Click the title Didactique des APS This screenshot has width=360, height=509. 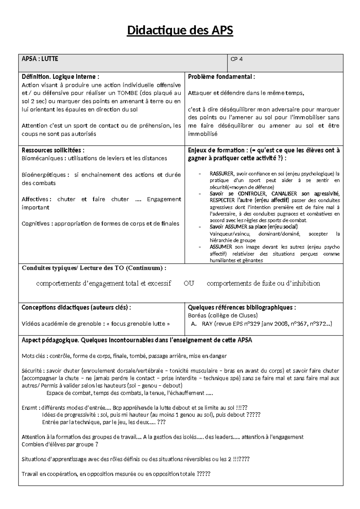pyautogui.click(x=180, y=31)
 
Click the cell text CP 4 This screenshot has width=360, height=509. pyautogui.click(x=236, y=59)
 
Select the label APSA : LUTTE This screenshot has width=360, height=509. pyautogui.click(x=40, y=59)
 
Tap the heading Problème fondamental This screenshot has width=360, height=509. pyautogui.click(x=221, y=77)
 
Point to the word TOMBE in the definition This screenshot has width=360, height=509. pyautogui.click(x=128, y=93)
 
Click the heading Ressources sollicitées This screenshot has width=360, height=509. pyautogui.click(x=53, y=150)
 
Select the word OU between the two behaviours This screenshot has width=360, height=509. pyautogui.click(x=189, y=283)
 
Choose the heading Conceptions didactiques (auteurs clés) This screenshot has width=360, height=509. pyautogui.click(x=76, y=307)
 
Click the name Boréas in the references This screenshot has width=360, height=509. pyautogui.click(x=197, y=315)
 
